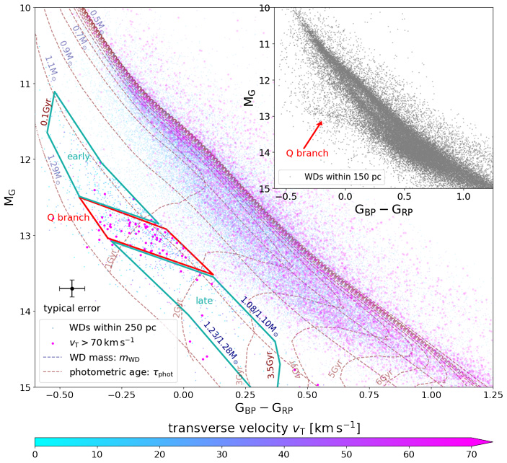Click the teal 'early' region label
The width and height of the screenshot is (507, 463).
(x=79, y=156)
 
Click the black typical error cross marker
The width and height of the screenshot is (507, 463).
(x=72, y=288)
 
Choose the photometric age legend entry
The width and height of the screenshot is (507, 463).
(x=123, y=373)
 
